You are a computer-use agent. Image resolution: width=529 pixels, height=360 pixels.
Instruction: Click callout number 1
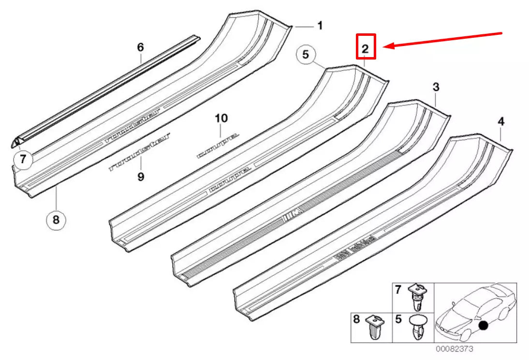(320, 26)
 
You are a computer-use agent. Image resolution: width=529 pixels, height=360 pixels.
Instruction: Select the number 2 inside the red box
(366, 48)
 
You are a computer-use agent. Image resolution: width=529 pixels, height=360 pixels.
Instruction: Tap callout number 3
(436, 87)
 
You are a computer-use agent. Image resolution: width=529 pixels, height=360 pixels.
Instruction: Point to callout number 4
(501, 122)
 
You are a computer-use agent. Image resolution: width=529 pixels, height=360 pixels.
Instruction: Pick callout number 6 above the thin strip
(140, 47)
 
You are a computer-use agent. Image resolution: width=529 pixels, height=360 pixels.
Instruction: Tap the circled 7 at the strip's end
(23, 159)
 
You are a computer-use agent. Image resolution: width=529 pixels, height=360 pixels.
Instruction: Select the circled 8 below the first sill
(56, 220)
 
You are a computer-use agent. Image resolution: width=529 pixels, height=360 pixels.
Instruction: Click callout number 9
(140, 177)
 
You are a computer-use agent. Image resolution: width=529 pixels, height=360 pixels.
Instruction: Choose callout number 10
(220, 118)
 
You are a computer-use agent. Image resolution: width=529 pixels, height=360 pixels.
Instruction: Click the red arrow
(445, 40)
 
